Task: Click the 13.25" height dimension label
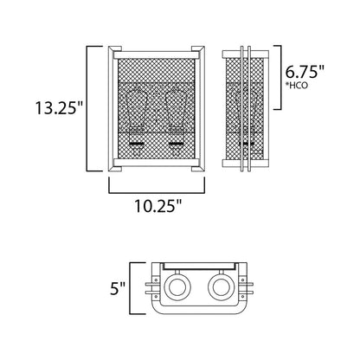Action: [59, 108]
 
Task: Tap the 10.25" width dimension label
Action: [158, 206]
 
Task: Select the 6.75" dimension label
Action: [305, 72]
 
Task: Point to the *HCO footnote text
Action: [296, 86]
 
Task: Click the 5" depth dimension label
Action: [118, 288]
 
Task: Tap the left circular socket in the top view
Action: [177, 287]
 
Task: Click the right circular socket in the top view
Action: [221, 287]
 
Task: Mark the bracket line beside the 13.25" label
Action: [87, 108]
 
